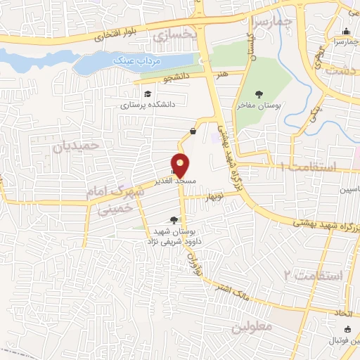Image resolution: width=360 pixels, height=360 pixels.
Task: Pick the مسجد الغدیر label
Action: click(175, 181)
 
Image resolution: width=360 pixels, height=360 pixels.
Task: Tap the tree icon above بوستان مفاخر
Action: click(259, 94)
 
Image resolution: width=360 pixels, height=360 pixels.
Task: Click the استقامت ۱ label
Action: click(309, 168)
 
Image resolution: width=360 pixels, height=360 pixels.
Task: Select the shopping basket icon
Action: click(193, 131)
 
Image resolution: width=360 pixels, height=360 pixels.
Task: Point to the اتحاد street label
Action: click(345, 309)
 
